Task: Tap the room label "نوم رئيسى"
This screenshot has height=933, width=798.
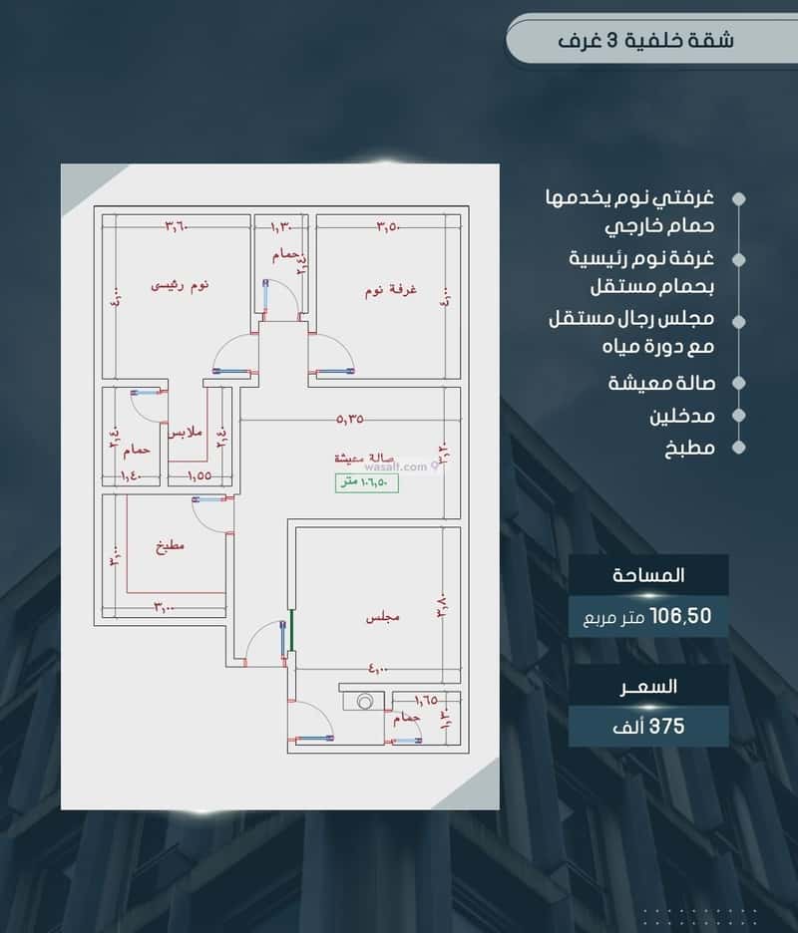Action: [181, 286]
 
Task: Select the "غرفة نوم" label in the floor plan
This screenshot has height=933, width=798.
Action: [390, 290]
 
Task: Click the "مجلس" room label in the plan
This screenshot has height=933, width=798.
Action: [382, 618]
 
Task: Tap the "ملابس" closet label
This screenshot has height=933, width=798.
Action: [185, 434]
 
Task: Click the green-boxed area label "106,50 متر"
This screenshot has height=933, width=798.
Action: [366, 483]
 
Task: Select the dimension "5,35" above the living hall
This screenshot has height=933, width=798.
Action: [350, 420]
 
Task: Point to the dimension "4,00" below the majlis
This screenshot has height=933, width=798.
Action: [382, 669]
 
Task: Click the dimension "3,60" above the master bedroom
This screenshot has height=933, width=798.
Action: [177, 226]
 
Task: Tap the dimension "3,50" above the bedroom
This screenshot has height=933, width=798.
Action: [388, 226]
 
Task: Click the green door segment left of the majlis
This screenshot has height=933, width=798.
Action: [290, 628]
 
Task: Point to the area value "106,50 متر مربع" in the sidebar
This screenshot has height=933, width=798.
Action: [647, 617]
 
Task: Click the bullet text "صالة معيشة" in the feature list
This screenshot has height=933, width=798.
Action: [661, 383]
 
